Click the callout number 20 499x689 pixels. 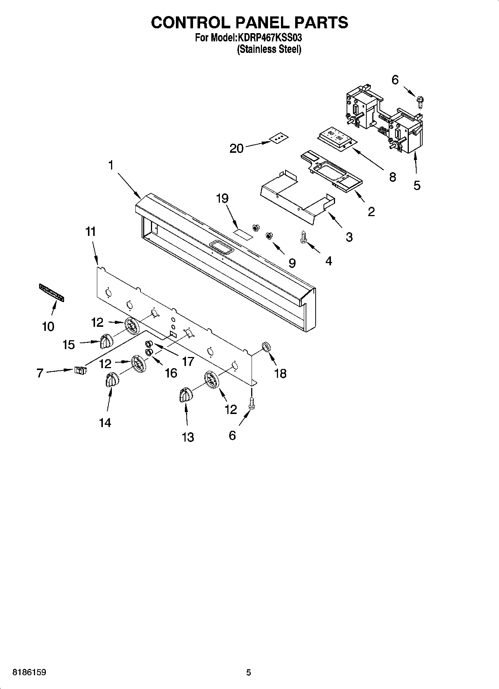(x=236, y=149)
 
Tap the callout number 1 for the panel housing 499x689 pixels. (x=111, y=165)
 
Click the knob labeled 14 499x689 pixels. (x=112, y=380)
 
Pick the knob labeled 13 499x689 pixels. (x=185, y=395)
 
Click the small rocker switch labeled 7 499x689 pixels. (x=80, y=370)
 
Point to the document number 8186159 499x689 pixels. (x=29, y=673)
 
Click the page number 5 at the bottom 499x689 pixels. (x=249, y=673)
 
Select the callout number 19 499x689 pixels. (x=222, y=198)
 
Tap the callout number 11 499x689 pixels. (x=91, y=231)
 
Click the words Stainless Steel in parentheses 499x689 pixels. (x=269, y=49)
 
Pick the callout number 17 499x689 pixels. (x=188, y=361)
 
